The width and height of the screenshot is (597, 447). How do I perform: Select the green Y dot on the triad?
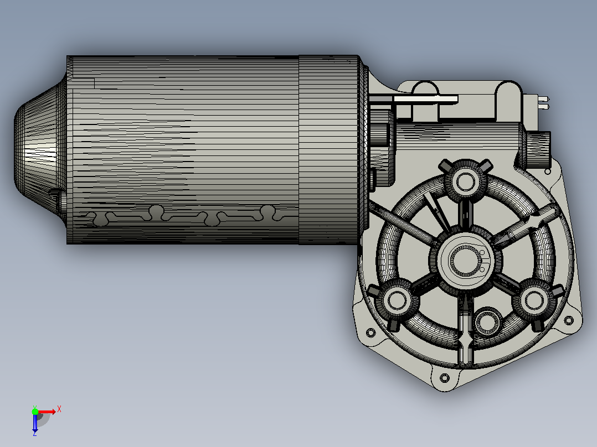tap(35, 411)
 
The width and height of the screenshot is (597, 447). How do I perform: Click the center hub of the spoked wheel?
tap(465, 260)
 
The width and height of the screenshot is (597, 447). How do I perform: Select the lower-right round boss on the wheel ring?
tap(534, 300)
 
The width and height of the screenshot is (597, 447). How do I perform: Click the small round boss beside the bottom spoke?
tap(487, 321)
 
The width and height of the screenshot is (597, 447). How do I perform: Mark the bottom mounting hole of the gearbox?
tap(444, 378)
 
